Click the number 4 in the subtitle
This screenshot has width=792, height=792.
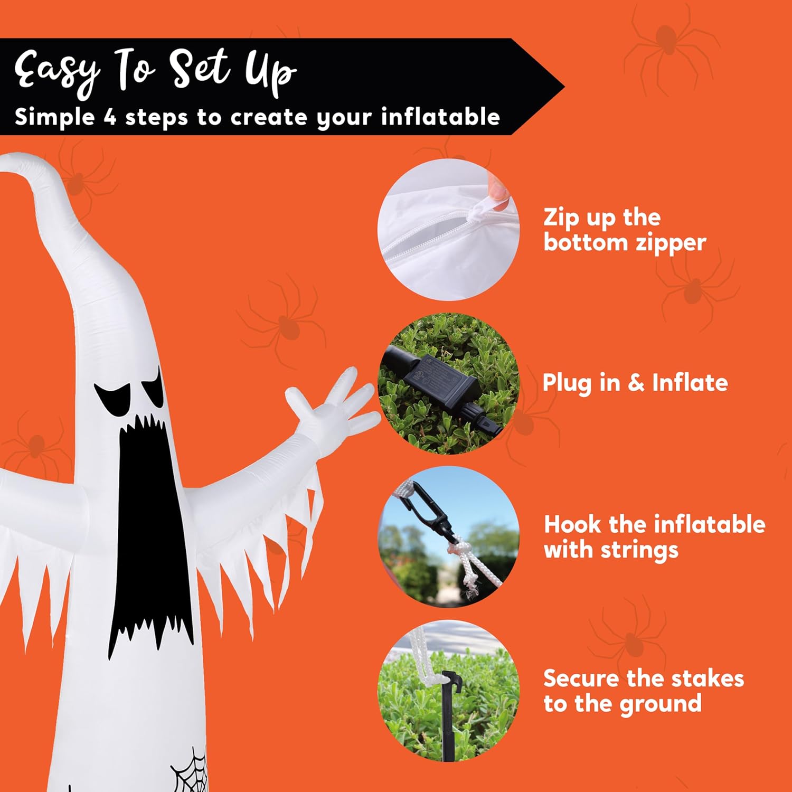coord(109,117)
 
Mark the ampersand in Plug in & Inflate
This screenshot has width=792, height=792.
coord(636,383)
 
